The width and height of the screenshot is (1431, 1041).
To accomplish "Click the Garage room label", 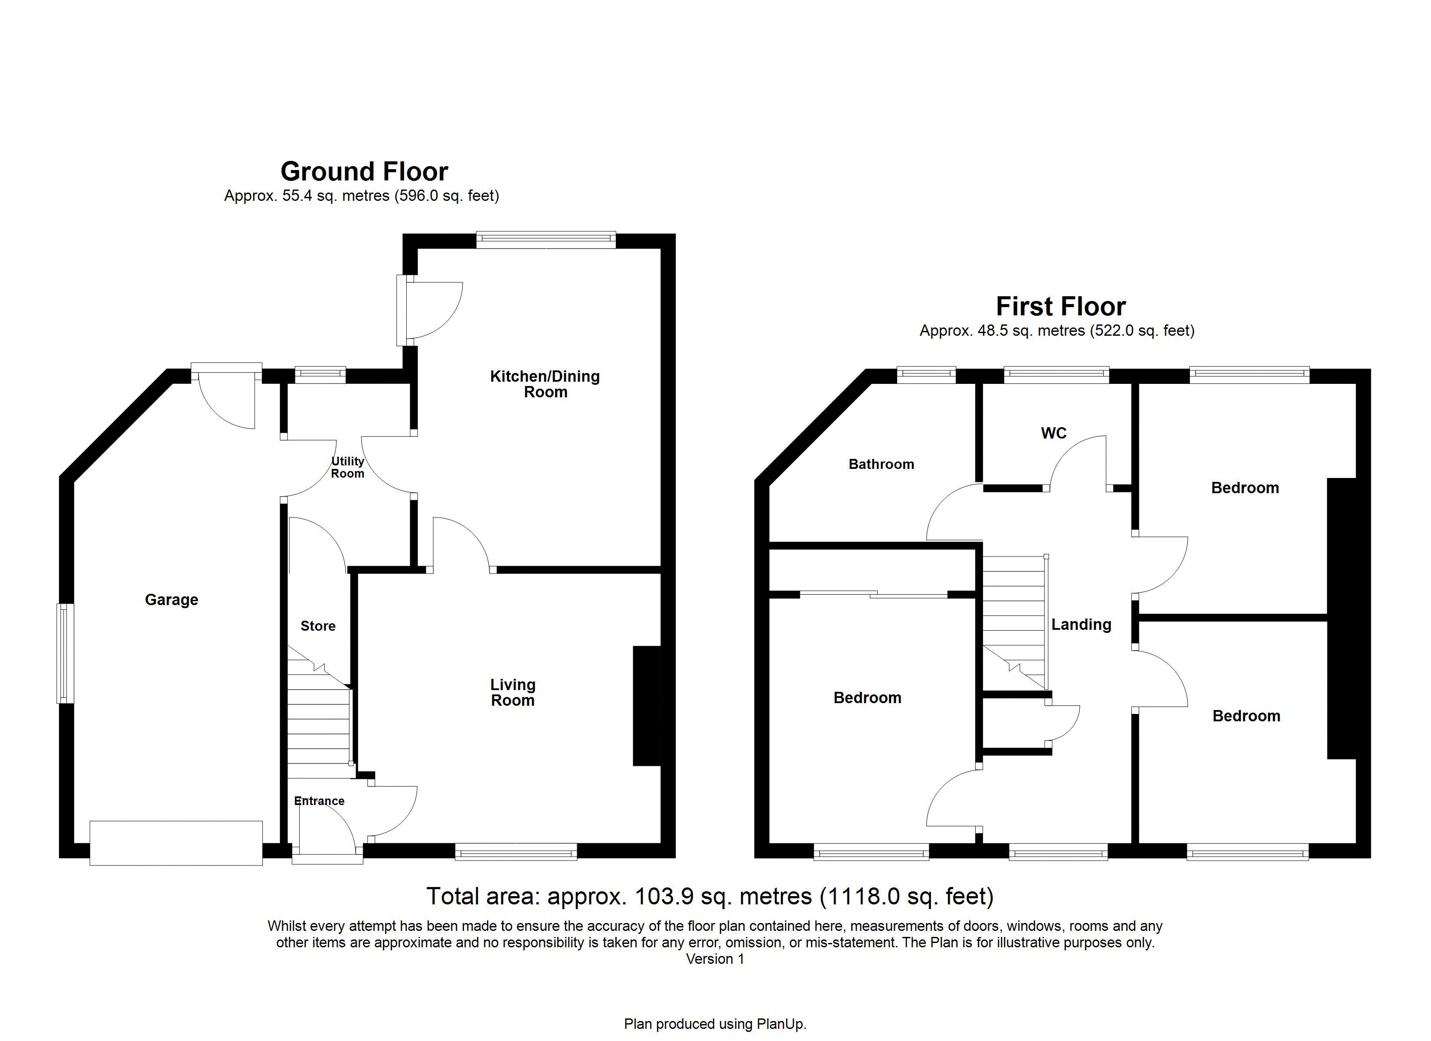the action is click(172, 600).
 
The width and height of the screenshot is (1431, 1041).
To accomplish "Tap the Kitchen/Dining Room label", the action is click(545, 384).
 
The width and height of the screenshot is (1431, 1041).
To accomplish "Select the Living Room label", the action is click(513, 693).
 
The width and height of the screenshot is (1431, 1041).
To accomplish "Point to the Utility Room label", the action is click(348, 468).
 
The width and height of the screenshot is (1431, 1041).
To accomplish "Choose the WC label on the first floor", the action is click(1054, 433).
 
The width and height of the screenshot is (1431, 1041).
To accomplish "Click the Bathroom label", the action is click(882, 465).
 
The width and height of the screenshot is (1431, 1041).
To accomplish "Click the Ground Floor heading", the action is click(364, 171).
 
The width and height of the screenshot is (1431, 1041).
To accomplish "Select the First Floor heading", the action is click(1061, 306).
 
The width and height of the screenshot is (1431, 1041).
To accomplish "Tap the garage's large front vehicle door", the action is click(176, 843).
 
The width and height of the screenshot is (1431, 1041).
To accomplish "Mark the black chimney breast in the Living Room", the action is click(647, 706).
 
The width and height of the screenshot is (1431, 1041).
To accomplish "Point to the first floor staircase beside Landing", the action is click(1015, 622).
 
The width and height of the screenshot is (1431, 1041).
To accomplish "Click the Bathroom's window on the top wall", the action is click(926, 375).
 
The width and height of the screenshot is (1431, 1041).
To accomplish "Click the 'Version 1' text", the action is click(715, 959).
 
